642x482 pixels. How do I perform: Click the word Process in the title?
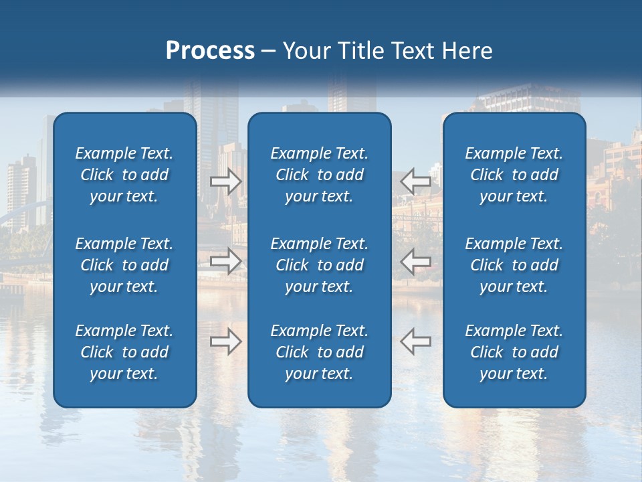[x=210, y=51]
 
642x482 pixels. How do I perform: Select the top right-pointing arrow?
[x=226, y=181]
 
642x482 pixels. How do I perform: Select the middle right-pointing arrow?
[x=226, y=261]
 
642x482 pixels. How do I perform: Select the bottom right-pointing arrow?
[x=226, y=341]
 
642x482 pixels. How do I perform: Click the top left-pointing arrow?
[x=415, y=181]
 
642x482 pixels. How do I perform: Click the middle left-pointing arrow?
[x=415, y=261]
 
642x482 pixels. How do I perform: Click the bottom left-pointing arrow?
[x=415, y=341]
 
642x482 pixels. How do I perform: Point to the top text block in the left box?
[x=124, y=175]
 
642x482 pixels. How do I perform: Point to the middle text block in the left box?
[x=124, y=265]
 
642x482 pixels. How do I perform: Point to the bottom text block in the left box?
[x=124, y=352]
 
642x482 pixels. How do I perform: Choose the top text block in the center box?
[x=319, y=175]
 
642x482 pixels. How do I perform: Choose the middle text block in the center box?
[x=319, y=265]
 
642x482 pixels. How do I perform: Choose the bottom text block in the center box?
[x=319, y=352]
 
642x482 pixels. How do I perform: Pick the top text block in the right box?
[x=514, y=175]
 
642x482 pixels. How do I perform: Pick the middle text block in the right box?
[x=514, y=265]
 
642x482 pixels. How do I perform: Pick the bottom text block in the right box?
[x=514, y=352]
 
